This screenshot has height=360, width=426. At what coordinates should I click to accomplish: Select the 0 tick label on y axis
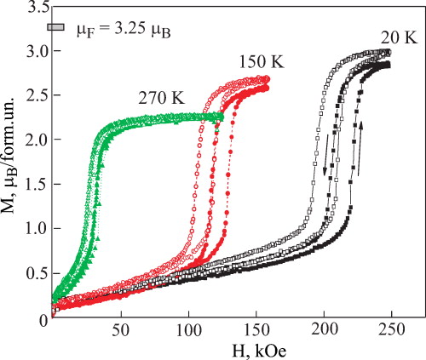pyautogui.click(x=42, y=318)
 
